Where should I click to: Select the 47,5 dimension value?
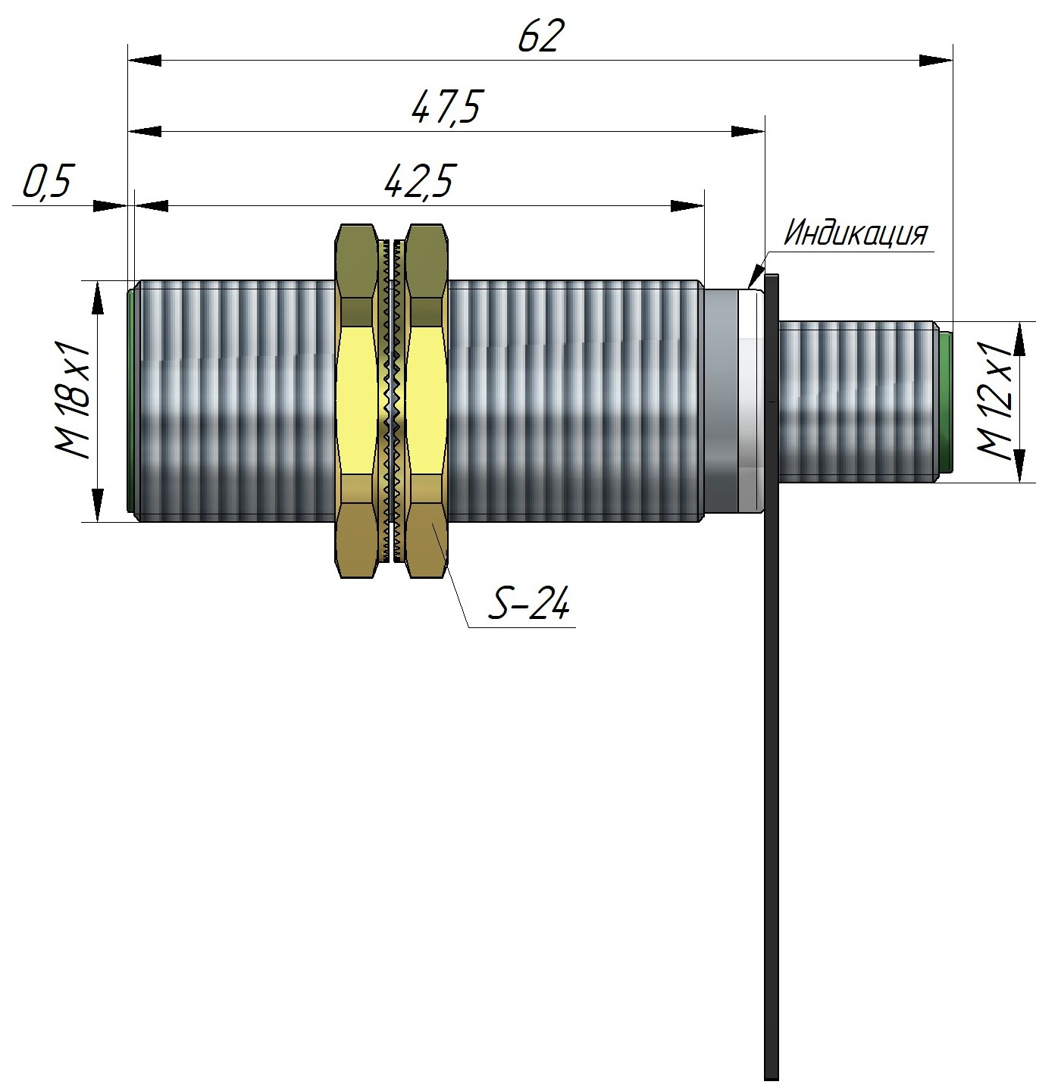[x=446, y=108]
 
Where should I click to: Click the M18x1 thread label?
[x=73, y=401]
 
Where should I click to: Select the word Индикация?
[x=855, y=234]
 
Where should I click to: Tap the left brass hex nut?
[x=357, y=401]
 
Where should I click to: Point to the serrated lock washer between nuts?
[x=391, y=401]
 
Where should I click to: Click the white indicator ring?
[x=750, y=401]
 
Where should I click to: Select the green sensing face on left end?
[x=130, y=401]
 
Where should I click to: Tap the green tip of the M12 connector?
[x=945, y=401]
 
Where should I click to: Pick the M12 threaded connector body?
[x=856, y=401]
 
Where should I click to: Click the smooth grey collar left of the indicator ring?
[x=719, y=401]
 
